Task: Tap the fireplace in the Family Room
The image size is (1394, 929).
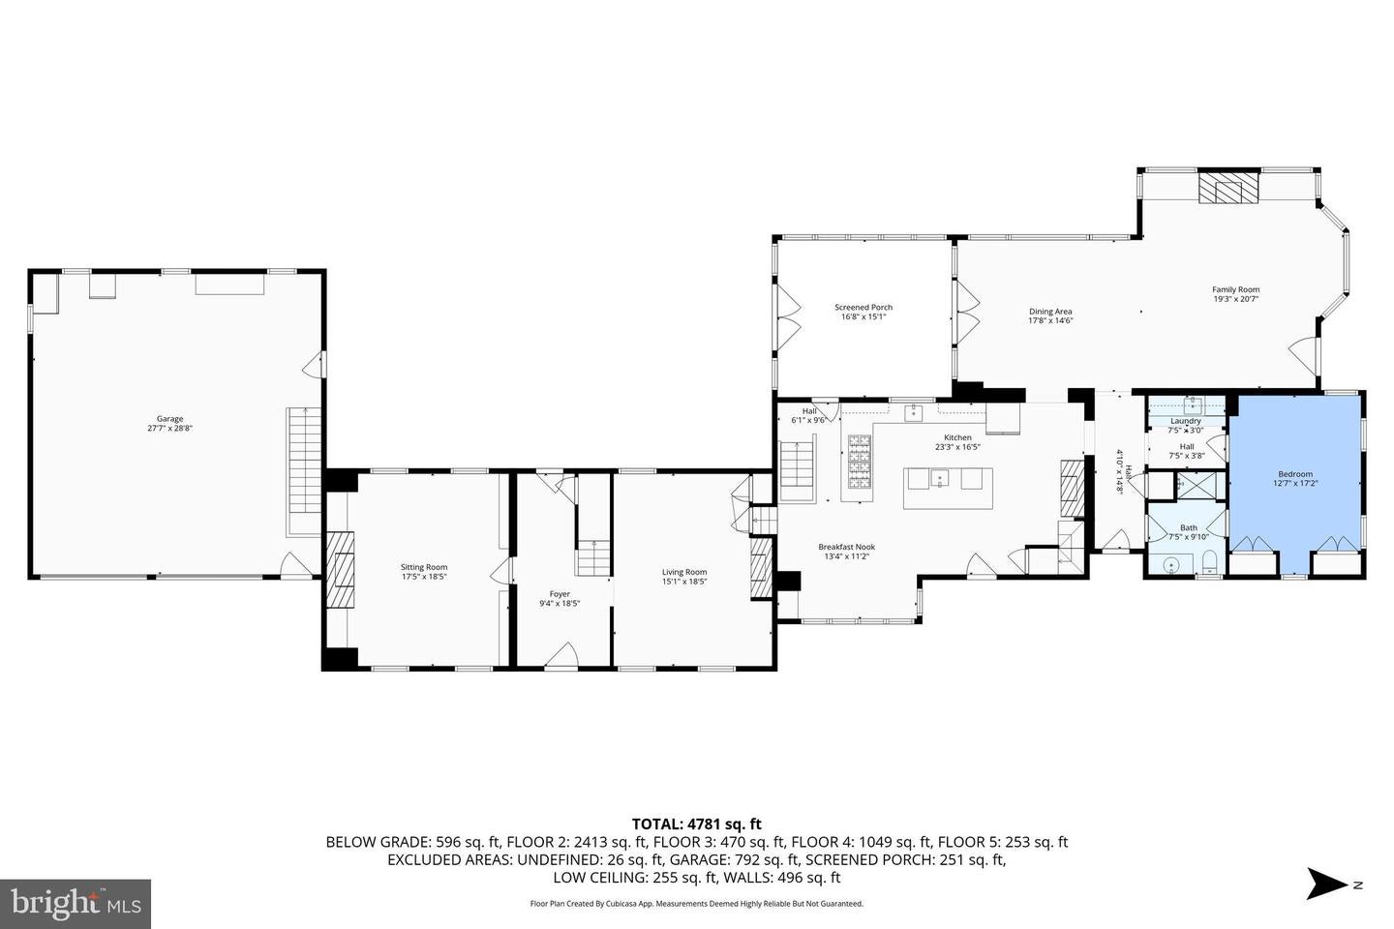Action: pyautogui.click(x=1228, y=188)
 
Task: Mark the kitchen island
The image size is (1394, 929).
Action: pyautogui.click(x=948, y=488)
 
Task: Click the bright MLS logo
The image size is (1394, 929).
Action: pyautogui.click(x=76, y=904)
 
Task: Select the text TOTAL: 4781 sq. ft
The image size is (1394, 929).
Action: pyautogui.click(x=696, y=824)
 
